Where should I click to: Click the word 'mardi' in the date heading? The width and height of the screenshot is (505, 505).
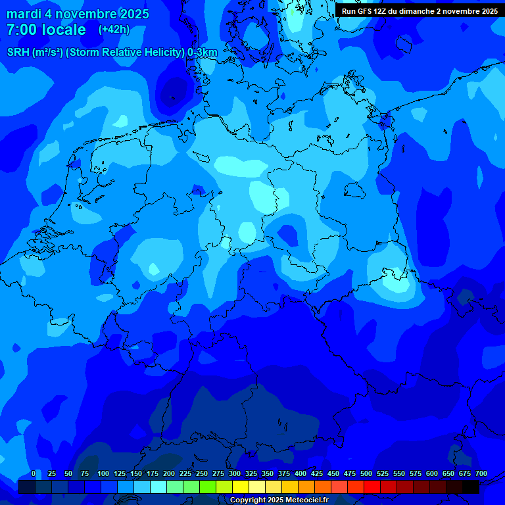click(24, 14)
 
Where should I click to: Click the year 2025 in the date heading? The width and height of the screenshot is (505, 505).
click(131, 14)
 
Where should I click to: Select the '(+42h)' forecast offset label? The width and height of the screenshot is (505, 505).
click(114, 30)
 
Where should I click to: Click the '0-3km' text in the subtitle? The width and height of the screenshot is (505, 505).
click(202, 53)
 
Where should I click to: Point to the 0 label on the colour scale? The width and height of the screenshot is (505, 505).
click(34, 473)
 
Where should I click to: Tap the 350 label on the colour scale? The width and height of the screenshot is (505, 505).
click(267, 473)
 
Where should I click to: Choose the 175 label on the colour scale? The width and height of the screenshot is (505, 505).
click(152, 473)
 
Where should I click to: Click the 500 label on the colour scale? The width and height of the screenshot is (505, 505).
click(366, 473)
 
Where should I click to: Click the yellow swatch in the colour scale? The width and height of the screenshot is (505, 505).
click(240, 487)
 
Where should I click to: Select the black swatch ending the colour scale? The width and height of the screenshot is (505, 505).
click(470, 487)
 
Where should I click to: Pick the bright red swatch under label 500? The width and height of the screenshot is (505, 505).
click(372, 487)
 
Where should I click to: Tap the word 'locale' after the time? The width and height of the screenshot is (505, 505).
click(65, 30)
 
